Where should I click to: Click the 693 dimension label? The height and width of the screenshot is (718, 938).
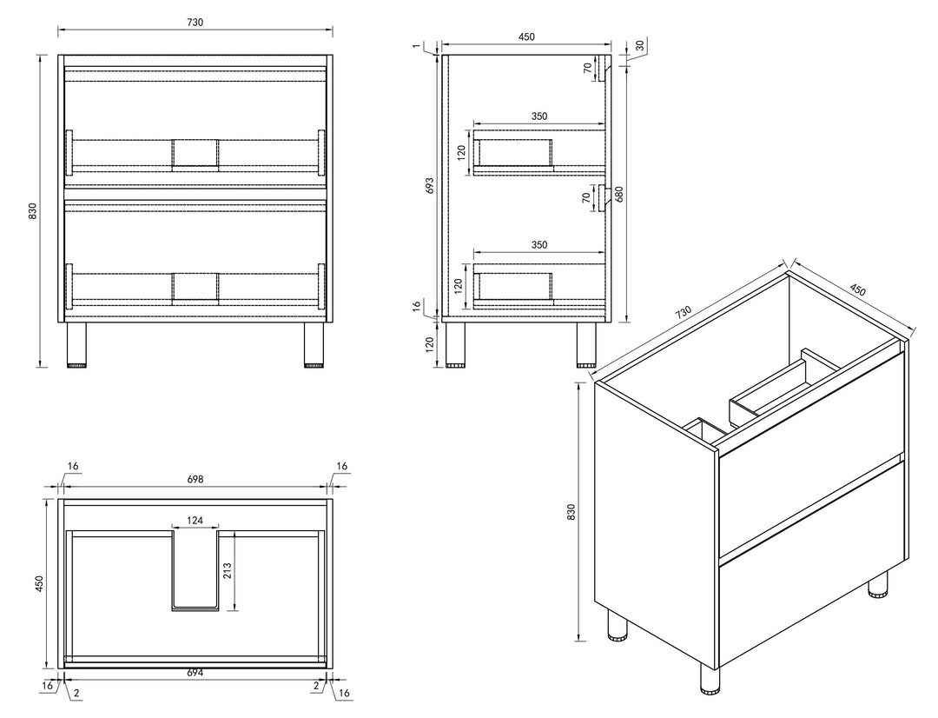click(430, 185)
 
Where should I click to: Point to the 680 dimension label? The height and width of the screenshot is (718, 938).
click(619, 194)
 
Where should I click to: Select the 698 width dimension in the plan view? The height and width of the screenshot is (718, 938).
click(195, 479)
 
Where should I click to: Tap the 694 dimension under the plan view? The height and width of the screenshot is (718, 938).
click(195, 673)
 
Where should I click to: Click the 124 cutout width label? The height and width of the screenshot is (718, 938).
click(195, 521)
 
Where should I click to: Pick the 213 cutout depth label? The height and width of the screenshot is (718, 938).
click(227, 571)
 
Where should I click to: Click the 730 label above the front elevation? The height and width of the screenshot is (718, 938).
click(195, 22)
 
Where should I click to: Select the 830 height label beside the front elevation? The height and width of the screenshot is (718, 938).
click(33, 210)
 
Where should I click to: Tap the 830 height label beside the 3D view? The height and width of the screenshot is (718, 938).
click(571, 512)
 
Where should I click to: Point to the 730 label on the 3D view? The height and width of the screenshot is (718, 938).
click(684, 311)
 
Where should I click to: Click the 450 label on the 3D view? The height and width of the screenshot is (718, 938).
click(857, 289)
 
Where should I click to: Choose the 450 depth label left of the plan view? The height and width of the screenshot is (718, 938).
click(39, 584)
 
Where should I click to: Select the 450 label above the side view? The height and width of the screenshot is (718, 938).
click(526, 37)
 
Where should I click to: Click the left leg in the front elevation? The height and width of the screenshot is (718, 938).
click(76, 344)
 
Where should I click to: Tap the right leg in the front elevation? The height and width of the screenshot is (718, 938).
click(314, 344)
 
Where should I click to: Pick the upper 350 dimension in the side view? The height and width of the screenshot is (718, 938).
click(539, 116)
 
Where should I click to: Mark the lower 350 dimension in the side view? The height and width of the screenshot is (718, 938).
click(539, 244)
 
